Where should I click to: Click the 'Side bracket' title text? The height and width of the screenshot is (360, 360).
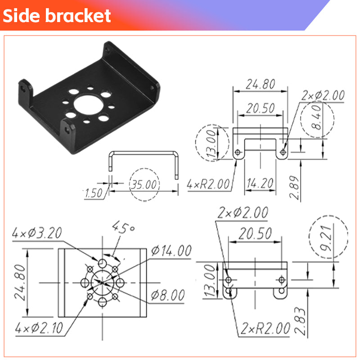[57, 16]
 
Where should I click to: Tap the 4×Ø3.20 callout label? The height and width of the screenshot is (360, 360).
[37, 233]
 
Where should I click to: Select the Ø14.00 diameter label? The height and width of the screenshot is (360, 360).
[171, 251]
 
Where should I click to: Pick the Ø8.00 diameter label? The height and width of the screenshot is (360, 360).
[167, 296]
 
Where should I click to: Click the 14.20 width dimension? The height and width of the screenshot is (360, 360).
[260, 184]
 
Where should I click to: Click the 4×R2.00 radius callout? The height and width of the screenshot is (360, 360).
[208, 184]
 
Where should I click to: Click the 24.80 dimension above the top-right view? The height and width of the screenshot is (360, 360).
[260, 84]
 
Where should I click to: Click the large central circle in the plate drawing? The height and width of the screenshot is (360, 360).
[103, 282]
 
